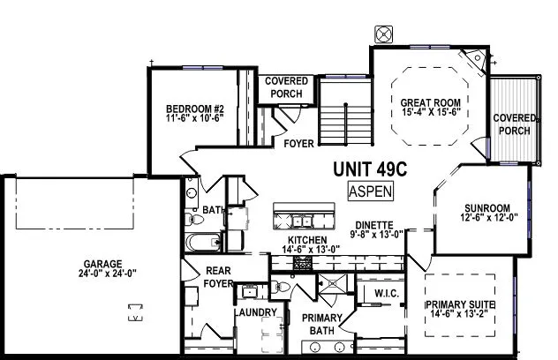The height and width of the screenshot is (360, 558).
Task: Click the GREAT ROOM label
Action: coord(430,101)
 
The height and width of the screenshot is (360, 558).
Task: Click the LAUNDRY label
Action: coord(257,312)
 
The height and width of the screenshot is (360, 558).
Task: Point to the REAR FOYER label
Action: coord(217,277)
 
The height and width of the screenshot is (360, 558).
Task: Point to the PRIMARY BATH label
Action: coord(315,324)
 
